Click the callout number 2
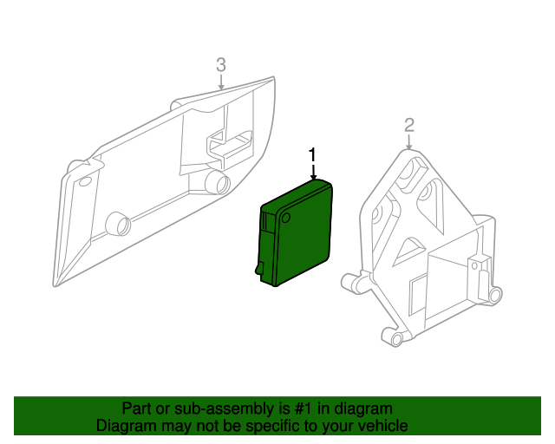[409, 127]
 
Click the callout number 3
[221, 64]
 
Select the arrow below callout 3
[221, 82]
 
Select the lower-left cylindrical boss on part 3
[115, 225]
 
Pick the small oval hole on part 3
[85, 183]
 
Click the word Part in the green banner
[136, 408]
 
